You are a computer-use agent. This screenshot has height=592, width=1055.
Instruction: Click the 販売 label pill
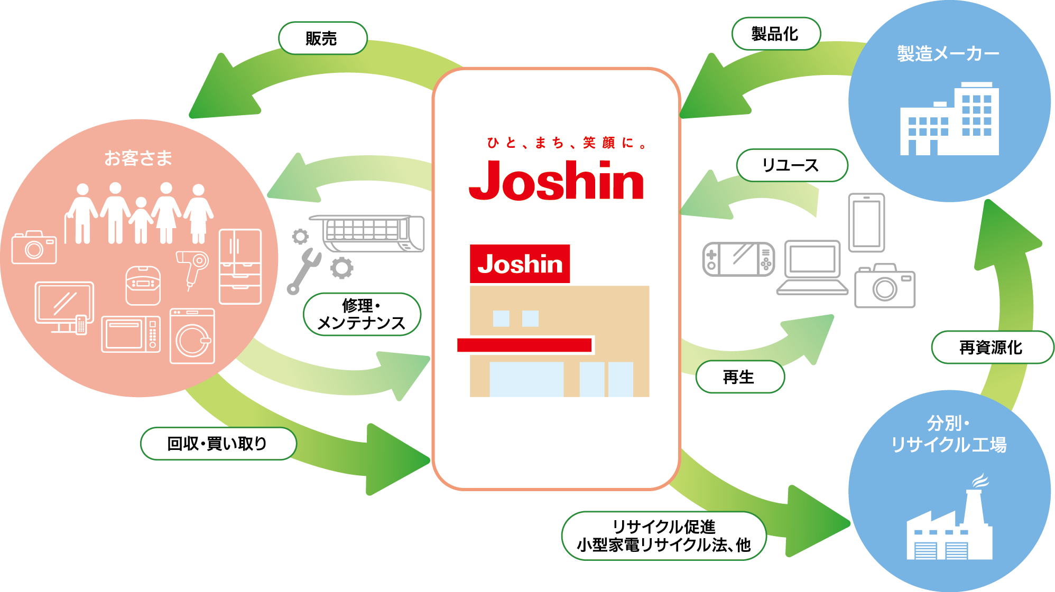[322, 38]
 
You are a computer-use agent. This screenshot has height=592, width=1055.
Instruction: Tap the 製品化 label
[775, 34]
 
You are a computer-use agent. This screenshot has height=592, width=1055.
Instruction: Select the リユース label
[791, 165]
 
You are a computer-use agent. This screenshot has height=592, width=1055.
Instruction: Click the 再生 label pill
[739, 377]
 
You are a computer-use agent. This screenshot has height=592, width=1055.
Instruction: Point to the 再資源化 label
[992, 347]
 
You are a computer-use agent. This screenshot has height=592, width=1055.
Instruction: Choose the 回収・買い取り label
[218, 444]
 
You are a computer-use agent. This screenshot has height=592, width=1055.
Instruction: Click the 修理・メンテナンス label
[362, 314]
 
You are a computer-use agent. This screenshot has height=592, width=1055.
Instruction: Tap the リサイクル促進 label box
[663, 535]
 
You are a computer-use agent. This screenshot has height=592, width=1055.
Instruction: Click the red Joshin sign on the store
[520, 264]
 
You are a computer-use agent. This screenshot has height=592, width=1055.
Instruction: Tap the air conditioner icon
[370, 233]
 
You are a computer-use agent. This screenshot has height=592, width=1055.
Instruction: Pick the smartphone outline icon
[866, 223]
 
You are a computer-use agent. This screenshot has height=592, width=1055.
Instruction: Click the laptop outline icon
[812, 267]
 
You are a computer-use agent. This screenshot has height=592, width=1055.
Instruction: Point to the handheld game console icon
[738, 259]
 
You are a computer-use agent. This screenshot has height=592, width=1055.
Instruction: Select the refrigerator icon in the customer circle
[240, 266]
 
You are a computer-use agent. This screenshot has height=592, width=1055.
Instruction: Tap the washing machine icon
[192, 336]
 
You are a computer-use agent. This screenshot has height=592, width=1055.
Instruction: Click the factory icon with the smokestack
[949, 528]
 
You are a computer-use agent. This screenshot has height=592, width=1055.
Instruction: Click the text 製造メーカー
[948, 54]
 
